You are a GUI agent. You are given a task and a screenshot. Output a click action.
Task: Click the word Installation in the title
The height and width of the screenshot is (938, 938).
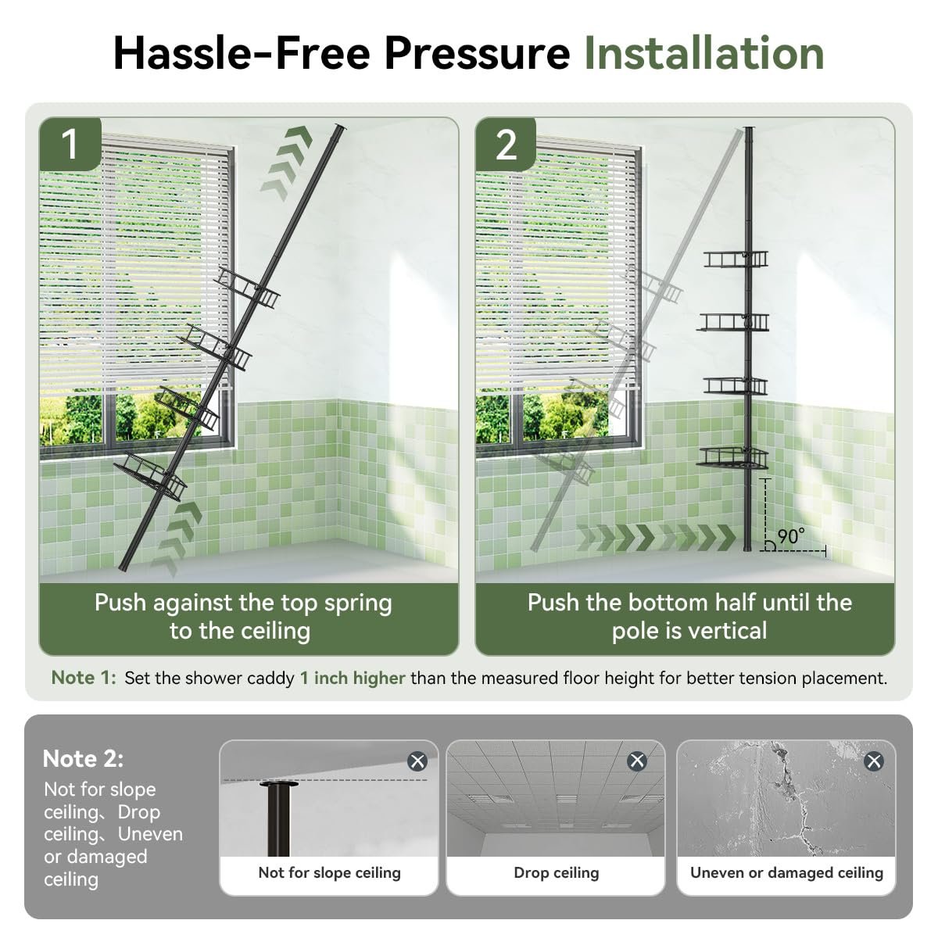pyautogui.click(x=703, y=54)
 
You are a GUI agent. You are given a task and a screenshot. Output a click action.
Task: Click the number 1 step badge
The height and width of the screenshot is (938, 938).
pyautogui.click(x=70, y=145)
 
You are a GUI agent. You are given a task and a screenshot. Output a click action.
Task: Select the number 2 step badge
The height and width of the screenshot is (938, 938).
pyautogui.click(x=506, y=145)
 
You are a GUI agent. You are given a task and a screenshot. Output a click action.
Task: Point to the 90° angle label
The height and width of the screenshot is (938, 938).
pyautogui.click(x=790, y=536)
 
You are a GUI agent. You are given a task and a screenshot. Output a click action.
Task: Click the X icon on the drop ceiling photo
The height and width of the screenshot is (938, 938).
pyautogui.click(x=637, y=761)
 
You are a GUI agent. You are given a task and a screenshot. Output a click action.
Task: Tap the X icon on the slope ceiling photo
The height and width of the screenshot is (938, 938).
pyautogui.click(x=417, y=761)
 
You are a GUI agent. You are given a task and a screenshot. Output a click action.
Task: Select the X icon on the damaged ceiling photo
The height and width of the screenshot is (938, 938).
pyautogui.click(x=874, y=761)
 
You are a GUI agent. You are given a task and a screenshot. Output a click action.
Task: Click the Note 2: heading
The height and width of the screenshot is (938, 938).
pyautogui.click(x=83, y=758)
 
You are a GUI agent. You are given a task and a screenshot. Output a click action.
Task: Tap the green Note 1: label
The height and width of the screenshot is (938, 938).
pyautogui.click(x=84, y=678)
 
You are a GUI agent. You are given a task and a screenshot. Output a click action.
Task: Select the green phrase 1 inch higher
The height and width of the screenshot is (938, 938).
pyautogui.click(x=353, y=678)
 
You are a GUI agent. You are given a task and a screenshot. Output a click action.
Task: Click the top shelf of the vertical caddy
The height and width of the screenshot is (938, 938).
pyautogui.click(x=736, y=259)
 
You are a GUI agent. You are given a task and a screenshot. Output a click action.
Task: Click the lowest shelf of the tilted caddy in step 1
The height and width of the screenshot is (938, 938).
pyautogui.click(x=150, y=477)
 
